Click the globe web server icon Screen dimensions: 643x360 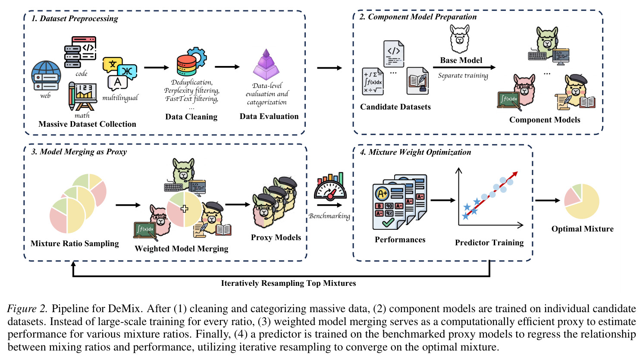click(46, 75)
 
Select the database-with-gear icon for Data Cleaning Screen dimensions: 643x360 click(191, 62)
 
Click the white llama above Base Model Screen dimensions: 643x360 click(460, 39)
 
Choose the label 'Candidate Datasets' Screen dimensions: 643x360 click(395, 107)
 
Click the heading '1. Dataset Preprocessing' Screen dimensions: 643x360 click(75, 19)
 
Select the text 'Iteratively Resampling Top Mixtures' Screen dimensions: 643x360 click(288, 283)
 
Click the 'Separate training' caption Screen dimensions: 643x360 click(463, 75)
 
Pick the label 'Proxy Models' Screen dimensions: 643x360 click(276, 238)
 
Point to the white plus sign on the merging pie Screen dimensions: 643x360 click(184, 209)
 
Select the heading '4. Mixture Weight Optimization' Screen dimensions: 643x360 click(415, 152)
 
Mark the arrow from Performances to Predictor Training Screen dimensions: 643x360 click(443, 200)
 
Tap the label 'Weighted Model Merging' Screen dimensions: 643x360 click(182, 249)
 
